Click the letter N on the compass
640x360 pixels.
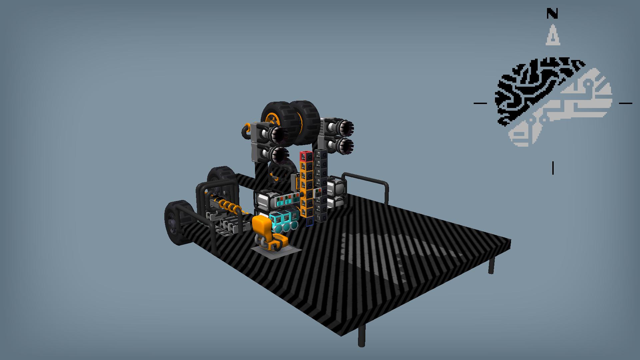[x=552, y=14]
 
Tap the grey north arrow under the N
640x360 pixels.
[x=553, y=35]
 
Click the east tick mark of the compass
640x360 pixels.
[x=625, y=103]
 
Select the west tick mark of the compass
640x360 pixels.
[x=480, y=103]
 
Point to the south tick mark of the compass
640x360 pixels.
[x=553, y=168]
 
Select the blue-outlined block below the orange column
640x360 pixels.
[x=310, y=222]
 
